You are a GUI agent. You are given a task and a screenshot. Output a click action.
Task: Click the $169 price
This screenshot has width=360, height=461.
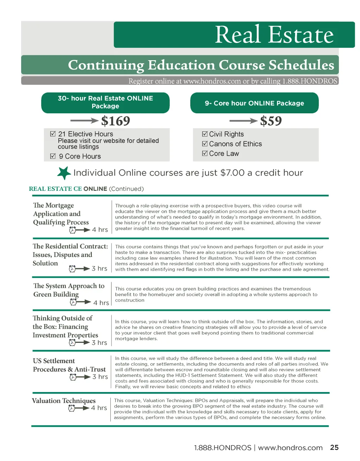[115, 121]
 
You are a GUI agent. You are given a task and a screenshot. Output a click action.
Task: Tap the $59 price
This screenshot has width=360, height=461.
[271, 121]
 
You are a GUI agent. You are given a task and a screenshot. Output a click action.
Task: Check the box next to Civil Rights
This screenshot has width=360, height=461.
[205, 134]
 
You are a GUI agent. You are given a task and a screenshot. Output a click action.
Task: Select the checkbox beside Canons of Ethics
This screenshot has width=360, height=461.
[205, 144]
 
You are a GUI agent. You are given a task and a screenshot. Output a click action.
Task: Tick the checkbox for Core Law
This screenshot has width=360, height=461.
[205, 153]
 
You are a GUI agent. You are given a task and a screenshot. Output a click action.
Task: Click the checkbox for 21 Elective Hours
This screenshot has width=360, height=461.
[53, 134]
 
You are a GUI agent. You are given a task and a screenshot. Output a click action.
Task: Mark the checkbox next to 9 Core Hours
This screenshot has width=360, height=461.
[53, 156]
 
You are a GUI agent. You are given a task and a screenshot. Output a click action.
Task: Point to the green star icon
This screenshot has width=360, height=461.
[64, 173]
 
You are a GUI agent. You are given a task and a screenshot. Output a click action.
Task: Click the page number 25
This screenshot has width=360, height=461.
[334, 447]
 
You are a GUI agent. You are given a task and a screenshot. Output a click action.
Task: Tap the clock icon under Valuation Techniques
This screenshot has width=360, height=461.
[72, 408]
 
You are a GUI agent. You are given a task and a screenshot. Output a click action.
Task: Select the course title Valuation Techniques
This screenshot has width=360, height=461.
[64, 400]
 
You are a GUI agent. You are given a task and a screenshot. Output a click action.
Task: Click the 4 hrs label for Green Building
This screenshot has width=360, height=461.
[101, 303]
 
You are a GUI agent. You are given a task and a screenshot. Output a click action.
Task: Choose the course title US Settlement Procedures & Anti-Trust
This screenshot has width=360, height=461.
[69, 365]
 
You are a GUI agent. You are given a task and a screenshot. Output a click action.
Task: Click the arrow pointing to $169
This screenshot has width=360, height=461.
[84, 121]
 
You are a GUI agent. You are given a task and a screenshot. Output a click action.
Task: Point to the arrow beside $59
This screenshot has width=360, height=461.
[243, 121]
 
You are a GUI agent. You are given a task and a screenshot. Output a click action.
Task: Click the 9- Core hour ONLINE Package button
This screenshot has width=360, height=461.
[254, 103]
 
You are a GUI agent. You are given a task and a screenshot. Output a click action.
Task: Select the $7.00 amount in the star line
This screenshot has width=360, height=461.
[232, 173]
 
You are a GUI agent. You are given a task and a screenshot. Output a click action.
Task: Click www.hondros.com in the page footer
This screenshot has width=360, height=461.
[290, 448]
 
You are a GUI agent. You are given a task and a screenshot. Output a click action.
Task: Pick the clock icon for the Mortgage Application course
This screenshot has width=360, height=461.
[73, 230]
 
